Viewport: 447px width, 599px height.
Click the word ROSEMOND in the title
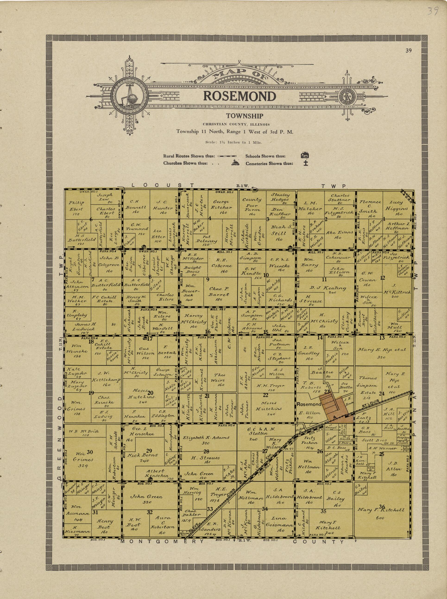coord(239,96)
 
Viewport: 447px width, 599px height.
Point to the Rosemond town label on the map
coord(308,404)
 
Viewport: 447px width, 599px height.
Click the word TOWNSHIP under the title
coord(245,116)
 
